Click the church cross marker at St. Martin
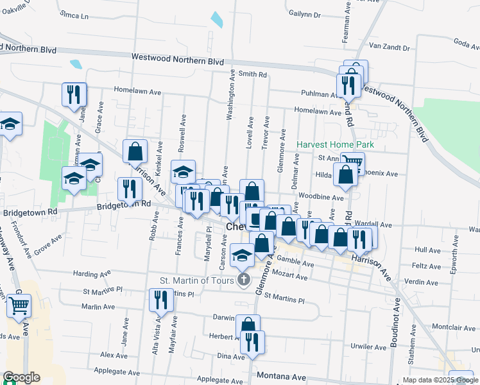coord(243,279)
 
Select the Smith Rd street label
coord(252,74)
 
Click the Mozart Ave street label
coord(293,276)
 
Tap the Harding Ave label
coord(94,274)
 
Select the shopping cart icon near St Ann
coord(352,162)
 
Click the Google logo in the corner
coord(21,377)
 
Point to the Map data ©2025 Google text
coord(440,380)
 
